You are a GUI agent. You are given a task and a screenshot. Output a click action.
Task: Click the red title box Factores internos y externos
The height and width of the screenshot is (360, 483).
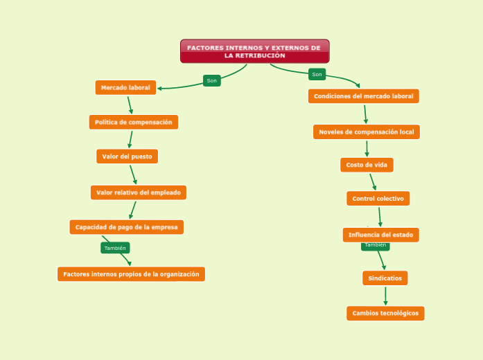point(254,51)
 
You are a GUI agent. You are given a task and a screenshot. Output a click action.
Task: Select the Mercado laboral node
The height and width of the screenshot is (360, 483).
point(125,87)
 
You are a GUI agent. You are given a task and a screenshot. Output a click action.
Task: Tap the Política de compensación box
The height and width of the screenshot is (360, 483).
point(133,122)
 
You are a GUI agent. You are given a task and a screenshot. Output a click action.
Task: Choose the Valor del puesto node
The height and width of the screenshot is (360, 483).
point(127,156)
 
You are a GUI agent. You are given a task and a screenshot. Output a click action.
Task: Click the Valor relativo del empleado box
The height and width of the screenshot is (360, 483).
point(138,192)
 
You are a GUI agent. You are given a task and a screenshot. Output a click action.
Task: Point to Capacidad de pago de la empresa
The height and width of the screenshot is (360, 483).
point(126,227)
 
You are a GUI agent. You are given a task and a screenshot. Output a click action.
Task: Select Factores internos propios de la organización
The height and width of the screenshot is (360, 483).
point(131,274)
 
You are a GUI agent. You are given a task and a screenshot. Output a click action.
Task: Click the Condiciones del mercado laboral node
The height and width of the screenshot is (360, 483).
point(363,96)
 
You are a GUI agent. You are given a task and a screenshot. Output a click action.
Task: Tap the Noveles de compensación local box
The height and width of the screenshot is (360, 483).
point(366,132)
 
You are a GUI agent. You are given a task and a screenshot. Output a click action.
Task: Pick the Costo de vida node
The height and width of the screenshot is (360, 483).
point(367,165)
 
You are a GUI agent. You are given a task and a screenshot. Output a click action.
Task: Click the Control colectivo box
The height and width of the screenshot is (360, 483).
point(378,199)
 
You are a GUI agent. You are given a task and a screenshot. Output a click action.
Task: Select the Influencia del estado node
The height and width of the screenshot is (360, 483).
point(380,235)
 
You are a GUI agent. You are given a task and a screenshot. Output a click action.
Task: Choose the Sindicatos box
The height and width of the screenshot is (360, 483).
point(385,278)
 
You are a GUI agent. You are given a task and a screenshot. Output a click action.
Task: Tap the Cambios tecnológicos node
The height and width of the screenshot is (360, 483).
point(385,313)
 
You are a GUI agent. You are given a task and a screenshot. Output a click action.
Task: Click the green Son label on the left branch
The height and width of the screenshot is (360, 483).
point(211,81)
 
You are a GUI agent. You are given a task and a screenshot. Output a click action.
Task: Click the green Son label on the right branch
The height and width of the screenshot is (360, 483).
point(317,74)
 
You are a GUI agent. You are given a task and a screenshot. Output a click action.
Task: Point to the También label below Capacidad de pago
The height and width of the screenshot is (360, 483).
point(115,248)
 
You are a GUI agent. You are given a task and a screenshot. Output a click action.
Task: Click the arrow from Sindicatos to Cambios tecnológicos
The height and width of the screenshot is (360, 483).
point(385,296)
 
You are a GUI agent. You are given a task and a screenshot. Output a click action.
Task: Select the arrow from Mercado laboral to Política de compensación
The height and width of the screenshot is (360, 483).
point(130,105)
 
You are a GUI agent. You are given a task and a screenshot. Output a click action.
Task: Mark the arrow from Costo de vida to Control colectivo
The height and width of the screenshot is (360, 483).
point(373,181)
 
